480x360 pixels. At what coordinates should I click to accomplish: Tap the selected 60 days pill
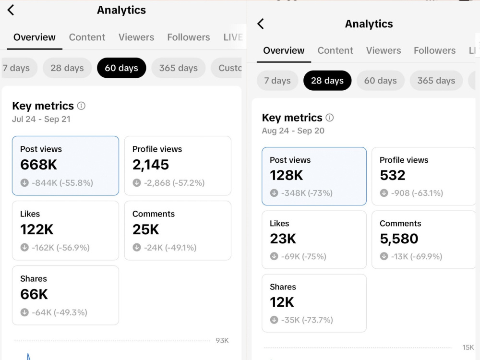click(121, 68)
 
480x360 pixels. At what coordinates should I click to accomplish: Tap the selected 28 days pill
click(327, 81)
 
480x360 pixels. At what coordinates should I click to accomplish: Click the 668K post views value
click(38, 165)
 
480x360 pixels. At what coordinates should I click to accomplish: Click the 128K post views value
click(286, 175)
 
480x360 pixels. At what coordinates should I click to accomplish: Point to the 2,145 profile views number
click(151, 165)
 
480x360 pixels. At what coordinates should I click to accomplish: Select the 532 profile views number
click(393, 175)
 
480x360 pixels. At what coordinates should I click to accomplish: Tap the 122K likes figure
click(37, 229)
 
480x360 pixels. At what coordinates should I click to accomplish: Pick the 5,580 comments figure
click(399, 239)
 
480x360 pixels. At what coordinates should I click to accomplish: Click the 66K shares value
click(34, 295)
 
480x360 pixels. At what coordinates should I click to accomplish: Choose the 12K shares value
click(282, 302)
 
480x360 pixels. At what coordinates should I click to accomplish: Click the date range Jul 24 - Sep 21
click(41, 119)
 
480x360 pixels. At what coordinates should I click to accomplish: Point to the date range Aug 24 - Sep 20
click(293, 131)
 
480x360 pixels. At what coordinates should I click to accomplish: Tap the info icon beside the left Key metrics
click(81, 106)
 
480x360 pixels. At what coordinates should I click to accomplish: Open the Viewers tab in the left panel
click(136, 37)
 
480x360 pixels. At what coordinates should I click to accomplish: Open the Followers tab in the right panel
click(435, 50)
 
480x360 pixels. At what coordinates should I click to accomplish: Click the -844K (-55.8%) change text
click(62, 183)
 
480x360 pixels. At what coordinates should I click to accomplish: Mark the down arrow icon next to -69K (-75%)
click(274, 256)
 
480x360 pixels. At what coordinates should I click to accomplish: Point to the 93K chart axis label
click(222, 340)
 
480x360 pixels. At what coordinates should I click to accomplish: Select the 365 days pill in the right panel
click(436, 81)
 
